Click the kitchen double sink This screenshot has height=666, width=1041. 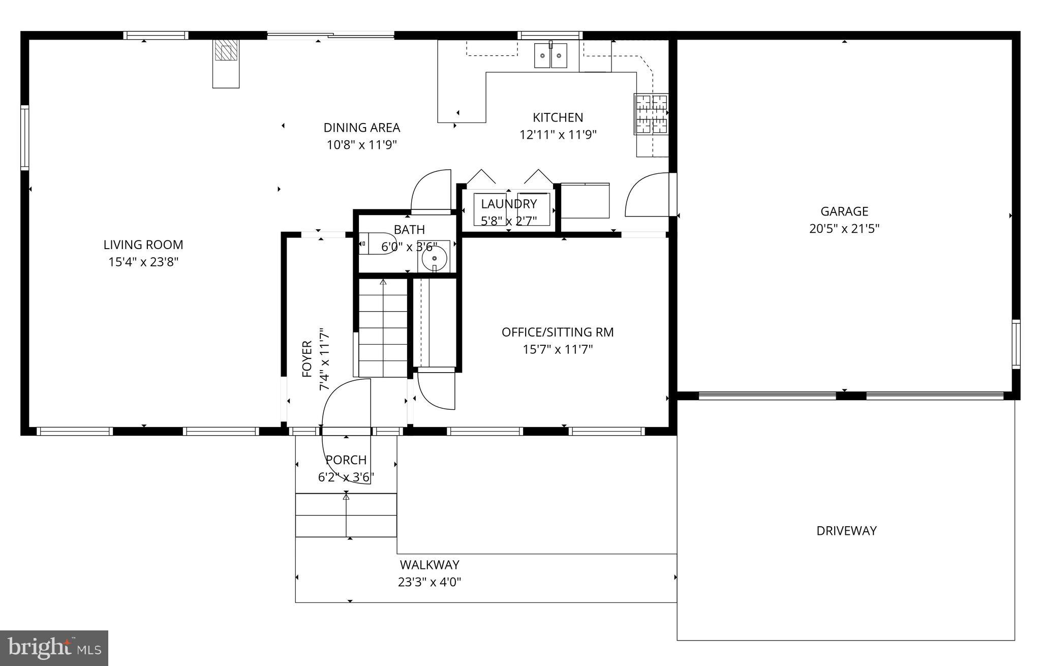point(550,55)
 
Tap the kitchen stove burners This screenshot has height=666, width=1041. point(651,114)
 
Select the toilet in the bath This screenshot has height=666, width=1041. point(376,244)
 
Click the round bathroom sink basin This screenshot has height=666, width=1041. point(434,258)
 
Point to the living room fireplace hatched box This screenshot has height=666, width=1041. point(226,50)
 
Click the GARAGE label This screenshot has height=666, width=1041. point(844,211)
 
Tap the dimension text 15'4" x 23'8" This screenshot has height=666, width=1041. point(143,262)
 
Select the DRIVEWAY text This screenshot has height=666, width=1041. point(846,531)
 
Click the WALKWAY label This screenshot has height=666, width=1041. point(430,565)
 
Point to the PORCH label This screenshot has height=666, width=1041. point(346,460)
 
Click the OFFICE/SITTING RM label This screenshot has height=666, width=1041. point(558,332)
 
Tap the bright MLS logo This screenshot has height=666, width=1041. point(54,648)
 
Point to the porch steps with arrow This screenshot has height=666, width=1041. point(346,515)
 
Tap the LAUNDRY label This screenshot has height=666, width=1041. point(509,204)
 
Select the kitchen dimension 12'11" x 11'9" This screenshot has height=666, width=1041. point(558,135)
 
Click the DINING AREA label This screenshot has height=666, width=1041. point(362,128)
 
